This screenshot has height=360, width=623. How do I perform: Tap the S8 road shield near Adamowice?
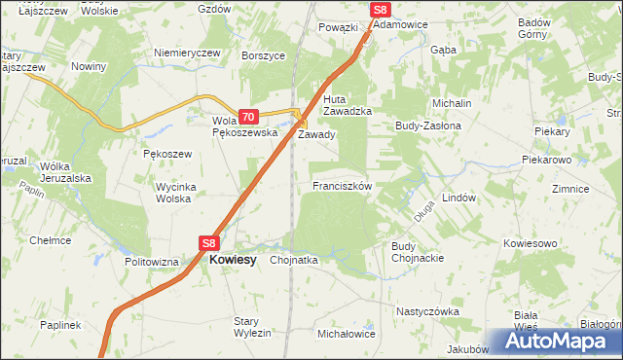coord(382,10)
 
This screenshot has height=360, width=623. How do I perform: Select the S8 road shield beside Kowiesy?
coord(210,243)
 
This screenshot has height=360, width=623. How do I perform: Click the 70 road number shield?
coord(247,116)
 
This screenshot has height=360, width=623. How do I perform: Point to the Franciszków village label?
coord(342,185)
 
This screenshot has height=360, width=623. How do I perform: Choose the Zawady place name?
coord(316,135)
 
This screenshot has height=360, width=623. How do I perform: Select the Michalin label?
coord(453,102)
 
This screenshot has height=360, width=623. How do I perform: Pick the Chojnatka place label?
coord(294,260)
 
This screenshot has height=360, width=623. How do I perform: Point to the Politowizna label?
coord(152,262)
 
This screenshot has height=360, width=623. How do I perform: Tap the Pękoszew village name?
coord(167,154)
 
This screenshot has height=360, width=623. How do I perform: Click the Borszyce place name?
coord(264,55)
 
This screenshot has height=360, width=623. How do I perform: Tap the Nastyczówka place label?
coord(426,311)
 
